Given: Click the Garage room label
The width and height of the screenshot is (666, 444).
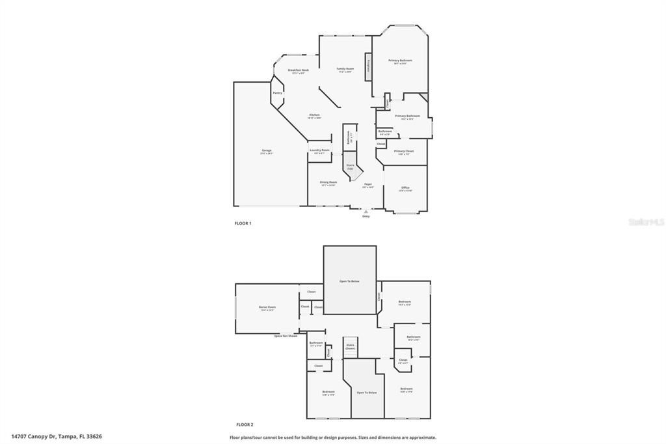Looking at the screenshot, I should point(267,151).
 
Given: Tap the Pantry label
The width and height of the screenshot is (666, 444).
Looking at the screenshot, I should point(277,92).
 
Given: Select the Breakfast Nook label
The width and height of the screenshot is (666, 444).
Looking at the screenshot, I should point(299,70).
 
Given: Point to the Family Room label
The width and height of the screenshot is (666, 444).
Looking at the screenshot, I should point(345,69).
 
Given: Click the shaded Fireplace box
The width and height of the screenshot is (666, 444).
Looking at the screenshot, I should point(368,67).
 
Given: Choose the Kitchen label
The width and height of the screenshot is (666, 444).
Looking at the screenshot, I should point(314,115).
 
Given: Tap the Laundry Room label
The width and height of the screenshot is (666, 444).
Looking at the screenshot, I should point(319,150).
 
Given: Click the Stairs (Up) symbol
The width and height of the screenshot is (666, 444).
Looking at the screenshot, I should point(350,166).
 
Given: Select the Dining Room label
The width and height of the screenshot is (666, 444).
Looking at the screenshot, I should point(328,182).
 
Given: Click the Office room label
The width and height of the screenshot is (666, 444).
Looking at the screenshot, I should point(405,188).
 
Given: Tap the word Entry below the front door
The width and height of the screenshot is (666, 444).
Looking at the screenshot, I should point(366,216).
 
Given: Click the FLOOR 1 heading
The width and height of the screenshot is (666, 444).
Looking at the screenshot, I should point(243,223).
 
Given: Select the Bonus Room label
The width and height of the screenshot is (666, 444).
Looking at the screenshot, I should point(267,307).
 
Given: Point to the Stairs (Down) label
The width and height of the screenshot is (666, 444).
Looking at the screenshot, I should point(350,346).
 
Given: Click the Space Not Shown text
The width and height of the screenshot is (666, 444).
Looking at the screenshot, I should point(286,336).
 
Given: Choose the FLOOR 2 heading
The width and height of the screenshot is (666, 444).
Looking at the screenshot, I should point(245,424).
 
